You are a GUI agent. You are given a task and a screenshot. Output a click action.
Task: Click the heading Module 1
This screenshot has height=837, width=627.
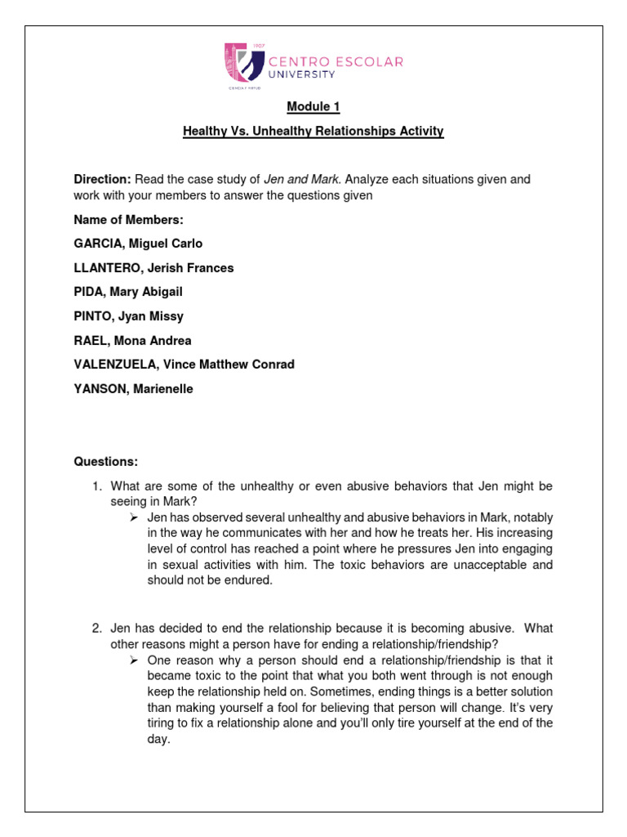click(x=313, y=107)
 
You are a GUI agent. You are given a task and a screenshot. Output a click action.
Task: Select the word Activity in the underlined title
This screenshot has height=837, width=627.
click(x=417, y=131)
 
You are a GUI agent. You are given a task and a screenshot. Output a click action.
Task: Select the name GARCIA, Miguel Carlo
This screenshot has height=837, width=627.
click(x=138, y=244)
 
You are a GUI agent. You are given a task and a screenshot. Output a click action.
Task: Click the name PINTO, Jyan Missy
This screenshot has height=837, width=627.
click(x=128, y=316)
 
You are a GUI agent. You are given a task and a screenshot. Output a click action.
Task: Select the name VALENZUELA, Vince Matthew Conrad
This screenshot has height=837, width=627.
click(x=184, y=365)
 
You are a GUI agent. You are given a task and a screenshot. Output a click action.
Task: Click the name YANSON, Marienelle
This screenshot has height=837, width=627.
click(x=133, y=389)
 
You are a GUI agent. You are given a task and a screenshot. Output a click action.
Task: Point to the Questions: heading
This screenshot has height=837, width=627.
click(x=106, y=462)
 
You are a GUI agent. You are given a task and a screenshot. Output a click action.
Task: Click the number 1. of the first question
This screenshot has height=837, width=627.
click(x=96, y=486)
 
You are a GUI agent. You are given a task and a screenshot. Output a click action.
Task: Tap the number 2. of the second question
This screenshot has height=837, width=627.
click(x=96, y=629)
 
